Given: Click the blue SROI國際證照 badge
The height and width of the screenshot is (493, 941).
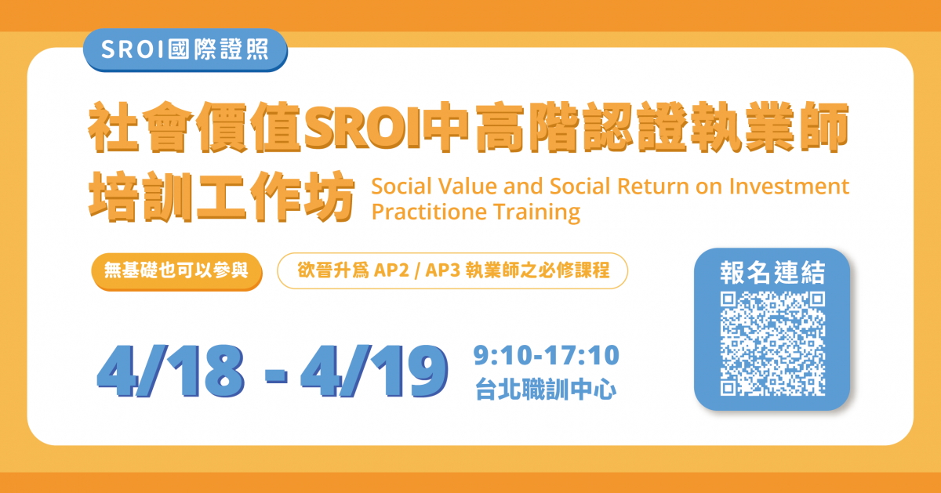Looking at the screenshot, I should tap(185, 49).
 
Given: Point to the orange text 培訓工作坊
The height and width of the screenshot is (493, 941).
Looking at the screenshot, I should tap(217, 195).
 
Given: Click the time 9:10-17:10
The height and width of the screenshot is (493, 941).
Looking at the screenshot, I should tap(547, 357).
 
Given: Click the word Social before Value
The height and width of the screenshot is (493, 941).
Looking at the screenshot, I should tap(401, 187).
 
